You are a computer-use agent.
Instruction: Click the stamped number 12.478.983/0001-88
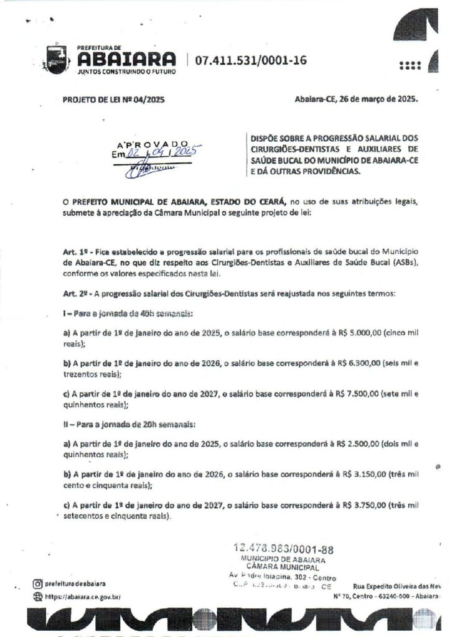tap(284, 549)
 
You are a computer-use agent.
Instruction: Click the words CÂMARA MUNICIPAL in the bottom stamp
tap(283, 567)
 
